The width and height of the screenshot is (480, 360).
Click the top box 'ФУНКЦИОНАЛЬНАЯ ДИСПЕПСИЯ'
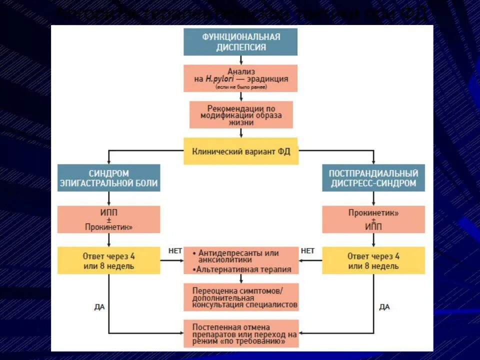[x=240, y=42]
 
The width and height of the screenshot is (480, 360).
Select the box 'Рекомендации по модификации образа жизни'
[x=241, y=115]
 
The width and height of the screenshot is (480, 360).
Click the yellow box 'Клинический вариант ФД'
[x=240, y=151]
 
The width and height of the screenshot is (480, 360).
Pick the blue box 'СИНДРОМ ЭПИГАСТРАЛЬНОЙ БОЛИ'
[x=108, y=178]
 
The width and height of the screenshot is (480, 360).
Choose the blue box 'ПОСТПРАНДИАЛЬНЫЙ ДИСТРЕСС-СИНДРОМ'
[x=373, y=178]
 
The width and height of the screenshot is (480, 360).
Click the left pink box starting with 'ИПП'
[x=108, y=219]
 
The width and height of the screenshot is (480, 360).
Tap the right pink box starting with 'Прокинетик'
[x=373, y=219]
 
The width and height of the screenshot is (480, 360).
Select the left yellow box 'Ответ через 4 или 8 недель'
[x=108, y=260]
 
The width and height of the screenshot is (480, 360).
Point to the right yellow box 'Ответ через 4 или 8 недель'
[x=373, y=260]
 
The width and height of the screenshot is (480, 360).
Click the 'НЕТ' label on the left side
[x=175, y=251]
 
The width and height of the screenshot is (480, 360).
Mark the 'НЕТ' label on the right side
[x=307, y=251]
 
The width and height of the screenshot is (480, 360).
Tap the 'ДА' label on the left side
[x=99, y=307]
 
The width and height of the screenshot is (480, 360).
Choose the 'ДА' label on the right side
[x=384, y=307]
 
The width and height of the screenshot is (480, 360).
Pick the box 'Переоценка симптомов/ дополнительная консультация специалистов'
[x=241, y=297]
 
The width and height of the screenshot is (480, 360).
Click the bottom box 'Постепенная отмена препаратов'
[x=241, y=334]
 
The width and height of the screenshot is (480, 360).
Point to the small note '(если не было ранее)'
[x=241, y=87]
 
